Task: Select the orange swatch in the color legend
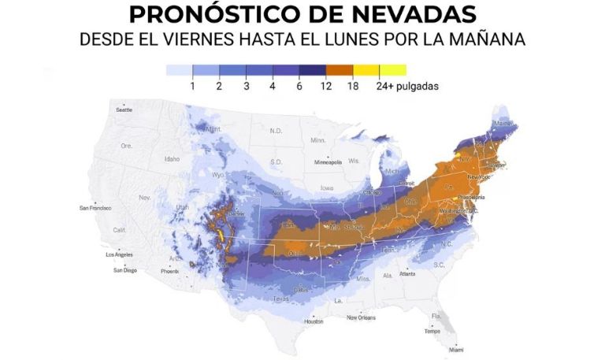pos(340,70)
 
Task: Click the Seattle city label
pos(124,109)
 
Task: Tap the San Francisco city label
pos(95,208)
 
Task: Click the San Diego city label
pos(124,270)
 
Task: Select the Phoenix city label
pos(170,271)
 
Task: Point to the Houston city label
pos(314,321)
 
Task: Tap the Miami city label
pos(456,349)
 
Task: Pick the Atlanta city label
pos(407,273)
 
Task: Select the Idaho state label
pos(172,158)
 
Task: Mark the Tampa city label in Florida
pos(432,331)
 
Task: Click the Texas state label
pos(281,299)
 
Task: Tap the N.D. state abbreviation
pos(277,131)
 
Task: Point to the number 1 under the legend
pos(193,86)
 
